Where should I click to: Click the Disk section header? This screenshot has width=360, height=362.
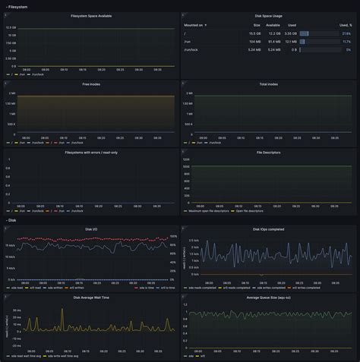[x=13, y=220]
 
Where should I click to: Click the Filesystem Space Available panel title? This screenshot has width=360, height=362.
[x=90, y=15]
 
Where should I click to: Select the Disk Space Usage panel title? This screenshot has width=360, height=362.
[x=268, y=15]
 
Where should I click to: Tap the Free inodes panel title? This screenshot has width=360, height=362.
[x=90, y=84]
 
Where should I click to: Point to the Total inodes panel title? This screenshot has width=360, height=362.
[x=268, y=84]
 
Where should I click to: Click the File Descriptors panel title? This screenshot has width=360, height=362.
[x=268, y=152]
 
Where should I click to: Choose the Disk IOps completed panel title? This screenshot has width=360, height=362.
[x=268, y=228]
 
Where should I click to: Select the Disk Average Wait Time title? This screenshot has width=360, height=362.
[x=90, y=297]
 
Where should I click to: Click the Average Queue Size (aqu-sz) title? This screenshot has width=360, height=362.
[x=268, y=297]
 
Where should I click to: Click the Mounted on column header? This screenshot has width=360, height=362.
[x=194, y=25]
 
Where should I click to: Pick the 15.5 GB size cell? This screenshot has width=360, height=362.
[x=254, y=33]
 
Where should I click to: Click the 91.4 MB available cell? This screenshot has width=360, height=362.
[x=273, y=42]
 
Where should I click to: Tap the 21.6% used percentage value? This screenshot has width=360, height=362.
[x=346, y=33]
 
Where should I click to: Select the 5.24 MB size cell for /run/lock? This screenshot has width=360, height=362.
[x=254, y=49]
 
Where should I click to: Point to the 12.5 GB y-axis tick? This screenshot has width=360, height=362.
[x=10, y=28]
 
